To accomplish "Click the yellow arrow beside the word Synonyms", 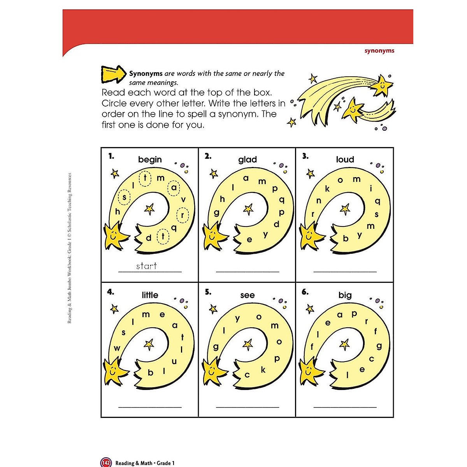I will click(x=113, y=74).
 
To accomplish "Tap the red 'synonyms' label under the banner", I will click(x=379, y=51).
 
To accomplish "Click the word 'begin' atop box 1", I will click(x=150, y=160).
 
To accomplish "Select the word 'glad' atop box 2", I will click(x=248, y=160).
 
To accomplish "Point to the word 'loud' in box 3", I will click(x=345, y=160).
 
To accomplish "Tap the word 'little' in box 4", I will click(x=150, y=295).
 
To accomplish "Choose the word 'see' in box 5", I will click(x=248, y=295).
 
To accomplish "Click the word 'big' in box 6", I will click(x=345, y=295).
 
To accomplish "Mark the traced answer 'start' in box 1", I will click(x=146, y=266).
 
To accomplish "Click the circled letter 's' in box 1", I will click(x=125, y=197).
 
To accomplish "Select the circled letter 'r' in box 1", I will click(x=182, y=215).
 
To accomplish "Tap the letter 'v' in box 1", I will click(x=183, y=200).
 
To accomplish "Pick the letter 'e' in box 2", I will click(x=249, y=240).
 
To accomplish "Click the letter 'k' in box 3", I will click(x=327, y=189).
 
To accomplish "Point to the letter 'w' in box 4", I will click(x=117, y=348).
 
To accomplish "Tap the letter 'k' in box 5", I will click(x=263, y=370).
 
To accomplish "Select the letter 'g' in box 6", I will click(x=379, y=346).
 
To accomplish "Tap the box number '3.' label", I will click(x=305, y=156).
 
